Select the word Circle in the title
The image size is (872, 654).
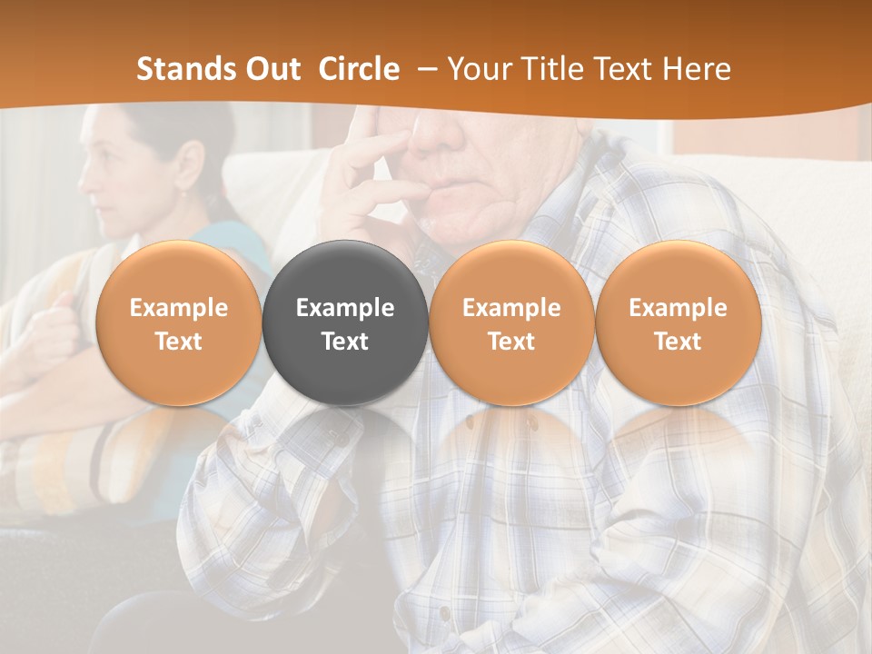click(x=359, y=69)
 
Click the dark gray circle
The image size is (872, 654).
click(x=345, y=322)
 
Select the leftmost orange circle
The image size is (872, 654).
click(x=179, y=322)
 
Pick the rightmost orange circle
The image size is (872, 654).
click(x=678, y=322)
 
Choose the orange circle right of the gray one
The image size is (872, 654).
click(x=511, y=322)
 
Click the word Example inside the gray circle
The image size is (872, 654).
click(x=345, y=308)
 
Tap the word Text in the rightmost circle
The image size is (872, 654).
click(x=678, y=342)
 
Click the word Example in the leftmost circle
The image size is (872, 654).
click(x=179, y=308)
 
